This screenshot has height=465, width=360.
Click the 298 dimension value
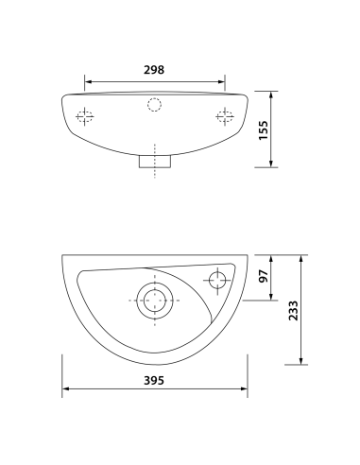[x=155, y=70]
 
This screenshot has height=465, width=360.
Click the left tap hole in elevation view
[x=85, y=117]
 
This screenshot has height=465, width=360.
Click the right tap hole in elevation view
[x=225, y=117]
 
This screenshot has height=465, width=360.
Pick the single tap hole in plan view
[x=217, y=280]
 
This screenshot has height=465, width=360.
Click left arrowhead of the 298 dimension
[x=88, y=80]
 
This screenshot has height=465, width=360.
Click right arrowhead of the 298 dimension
[x=223, y=80]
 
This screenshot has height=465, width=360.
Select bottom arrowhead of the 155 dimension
[x=272, y=165]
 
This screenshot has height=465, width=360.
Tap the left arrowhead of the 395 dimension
[x=65, y=390]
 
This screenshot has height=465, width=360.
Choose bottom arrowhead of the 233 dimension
[x=301, y=362]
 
